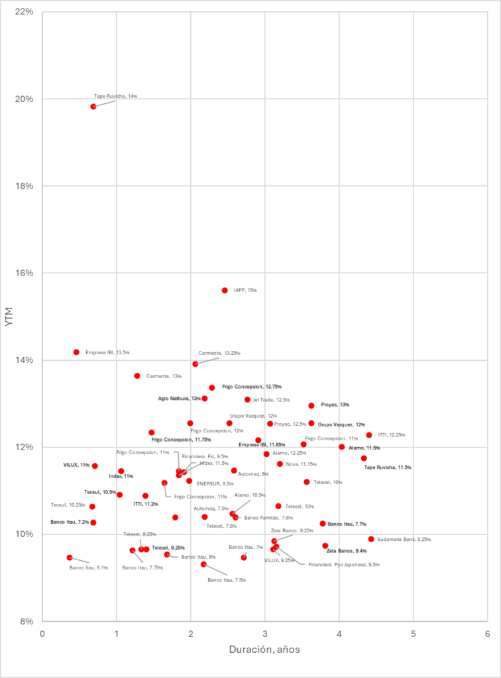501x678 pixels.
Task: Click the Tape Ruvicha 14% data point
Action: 93,107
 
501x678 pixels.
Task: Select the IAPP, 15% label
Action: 245,290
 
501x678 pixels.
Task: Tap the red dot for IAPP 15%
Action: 225,291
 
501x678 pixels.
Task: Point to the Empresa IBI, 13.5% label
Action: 107,352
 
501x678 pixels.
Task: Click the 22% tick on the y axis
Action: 25,12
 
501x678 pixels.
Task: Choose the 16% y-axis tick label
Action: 25,273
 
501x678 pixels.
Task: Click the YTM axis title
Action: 9,316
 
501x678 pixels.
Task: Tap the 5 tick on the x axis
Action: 413,633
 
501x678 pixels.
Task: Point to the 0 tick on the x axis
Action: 42,633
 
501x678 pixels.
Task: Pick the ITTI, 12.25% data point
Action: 369,435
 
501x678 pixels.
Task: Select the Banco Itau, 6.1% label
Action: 88,567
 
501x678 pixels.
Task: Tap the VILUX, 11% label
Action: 76,465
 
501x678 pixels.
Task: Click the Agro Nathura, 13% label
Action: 179,399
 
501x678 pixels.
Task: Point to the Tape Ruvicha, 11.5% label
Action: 388,467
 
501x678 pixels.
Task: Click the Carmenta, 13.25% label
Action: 219,353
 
